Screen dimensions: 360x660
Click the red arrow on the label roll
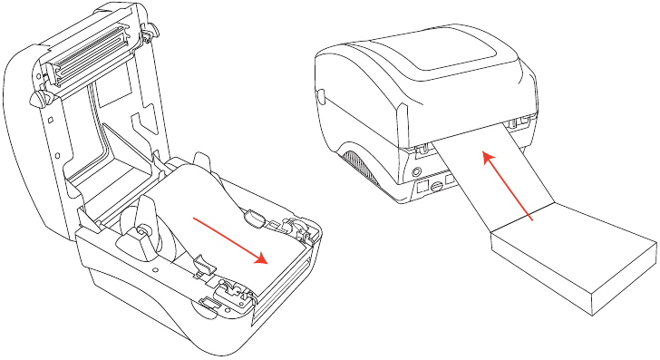coord(231,241)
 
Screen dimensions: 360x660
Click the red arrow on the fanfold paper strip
coord(509,186)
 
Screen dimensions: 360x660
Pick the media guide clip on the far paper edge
coord(255,217)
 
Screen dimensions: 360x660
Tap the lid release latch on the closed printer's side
coord(320,93)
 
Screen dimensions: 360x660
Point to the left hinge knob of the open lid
coord(39,97)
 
